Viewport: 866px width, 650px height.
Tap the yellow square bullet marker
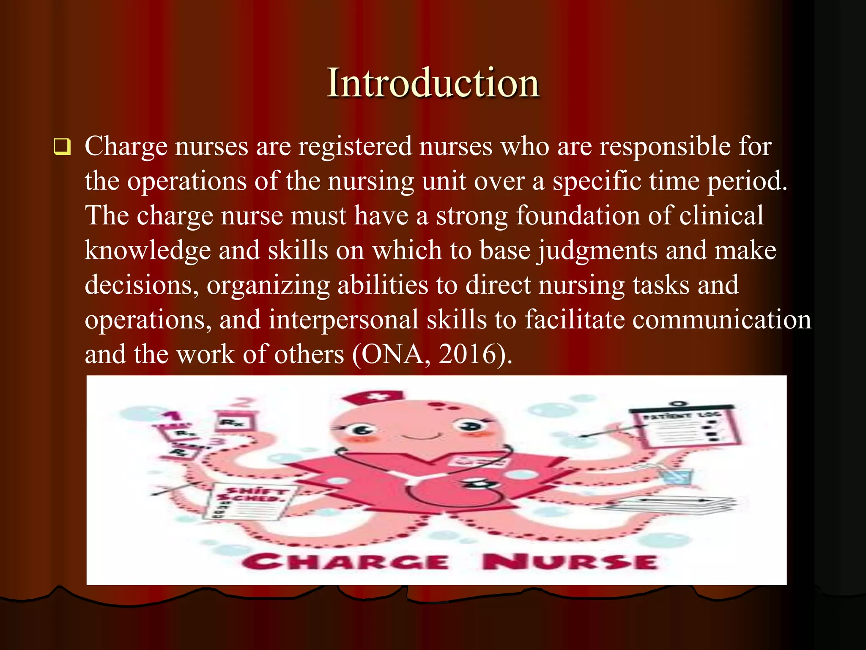[62, 147]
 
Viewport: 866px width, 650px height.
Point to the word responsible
[665, 146]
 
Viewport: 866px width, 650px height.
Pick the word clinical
[721, 215]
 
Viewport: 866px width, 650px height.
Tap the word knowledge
[148, 251]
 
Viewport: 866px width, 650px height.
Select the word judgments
[597, 251]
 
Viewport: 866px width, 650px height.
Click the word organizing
[268, 285]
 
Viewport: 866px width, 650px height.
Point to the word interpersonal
[343, 319]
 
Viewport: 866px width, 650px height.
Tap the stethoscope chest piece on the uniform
[479, 484]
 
